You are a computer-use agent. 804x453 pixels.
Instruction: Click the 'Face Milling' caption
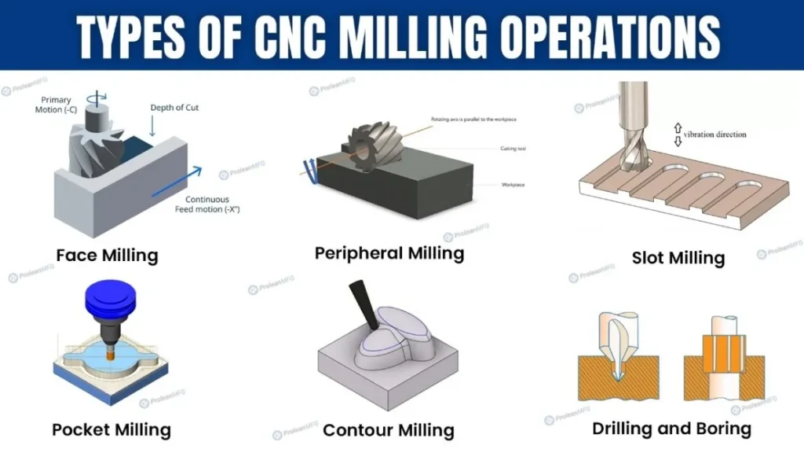pos(107,256)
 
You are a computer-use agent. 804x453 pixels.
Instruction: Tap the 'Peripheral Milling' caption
pos(389,253)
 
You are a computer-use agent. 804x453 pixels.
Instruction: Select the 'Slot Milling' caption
pos(678,258)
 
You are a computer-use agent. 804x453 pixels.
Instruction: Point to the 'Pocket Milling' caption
pos(111,429)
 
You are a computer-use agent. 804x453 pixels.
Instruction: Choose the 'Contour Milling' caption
pos(389,430)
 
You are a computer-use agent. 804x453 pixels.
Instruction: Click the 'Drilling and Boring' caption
pos(671,429)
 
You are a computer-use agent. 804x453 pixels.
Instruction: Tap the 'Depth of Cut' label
pos(174,108)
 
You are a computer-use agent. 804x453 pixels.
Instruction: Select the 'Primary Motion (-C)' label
pos(53,105)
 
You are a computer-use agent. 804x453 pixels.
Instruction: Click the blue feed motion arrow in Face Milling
pos(177,180)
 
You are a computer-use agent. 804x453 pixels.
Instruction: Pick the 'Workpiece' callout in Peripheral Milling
pos(513,184)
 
